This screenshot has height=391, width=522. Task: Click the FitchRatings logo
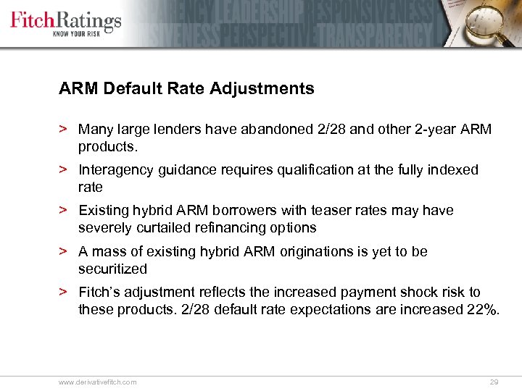click(x=65, y=20)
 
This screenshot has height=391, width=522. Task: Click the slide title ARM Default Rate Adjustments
click(x=186, y=89)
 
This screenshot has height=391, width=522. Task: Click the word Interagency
click(x=115, y=170)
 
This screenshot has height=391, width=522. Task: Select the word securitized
click(x=112, y=269)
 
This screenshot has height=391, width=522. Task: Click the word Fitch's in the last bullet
click(x=99, y=293)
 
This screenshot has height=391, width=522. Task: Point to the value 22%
click(x=482, y=310)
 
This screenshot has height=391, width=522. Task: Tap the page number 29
click(x=494, y=382)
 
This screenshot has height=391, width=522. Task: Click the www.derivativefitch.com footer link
click(x=97, y=382)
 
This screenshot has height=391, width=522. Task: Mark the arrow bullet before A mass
click(x=64, y=252)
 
